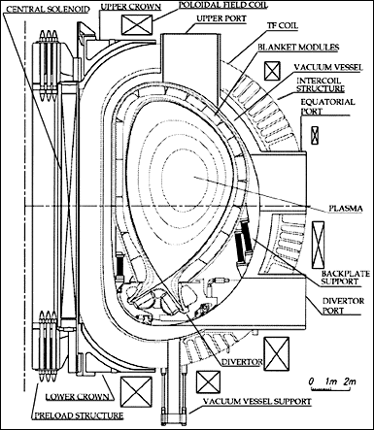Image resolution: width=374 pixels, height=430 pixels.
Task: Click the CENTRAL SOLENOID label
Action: coord(48,9)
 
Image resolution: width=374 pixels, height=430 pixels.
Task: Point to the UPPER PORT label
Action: coord(221,18)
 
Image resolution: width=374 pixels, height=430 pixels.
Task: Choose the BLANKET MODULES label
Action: coord(298,48)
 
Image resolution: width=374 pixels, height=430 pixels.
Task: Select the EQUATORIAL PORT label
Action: coord(327,107)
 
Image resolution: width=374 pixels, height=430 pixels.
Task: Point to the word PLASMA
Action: coord(346,209)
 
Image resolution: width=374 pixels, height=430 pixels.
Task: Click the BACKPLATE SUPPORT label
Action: coord(345,278)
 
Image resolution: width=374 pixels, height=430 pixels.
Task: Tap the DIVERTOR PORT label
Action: coord(339,306)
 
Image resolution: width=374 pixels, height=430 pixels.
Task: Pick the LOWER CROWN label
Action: coord(77,397)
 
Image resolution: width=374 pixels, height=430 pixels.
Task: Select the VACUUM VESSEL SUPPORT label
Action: coord(257,402)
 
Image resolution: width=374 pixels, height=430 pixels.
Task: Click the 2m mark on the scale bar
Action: coord(349,381)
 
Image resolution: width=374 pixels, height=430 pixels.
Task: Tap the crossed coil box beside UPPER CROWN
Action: coord(137,24)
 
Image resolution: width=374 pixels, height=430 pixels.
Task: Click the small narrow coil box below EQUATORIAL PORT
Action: coord(315,135)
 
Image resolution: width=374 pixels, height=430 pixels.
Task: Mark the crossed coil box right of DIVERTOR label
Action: coord(276,353)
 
